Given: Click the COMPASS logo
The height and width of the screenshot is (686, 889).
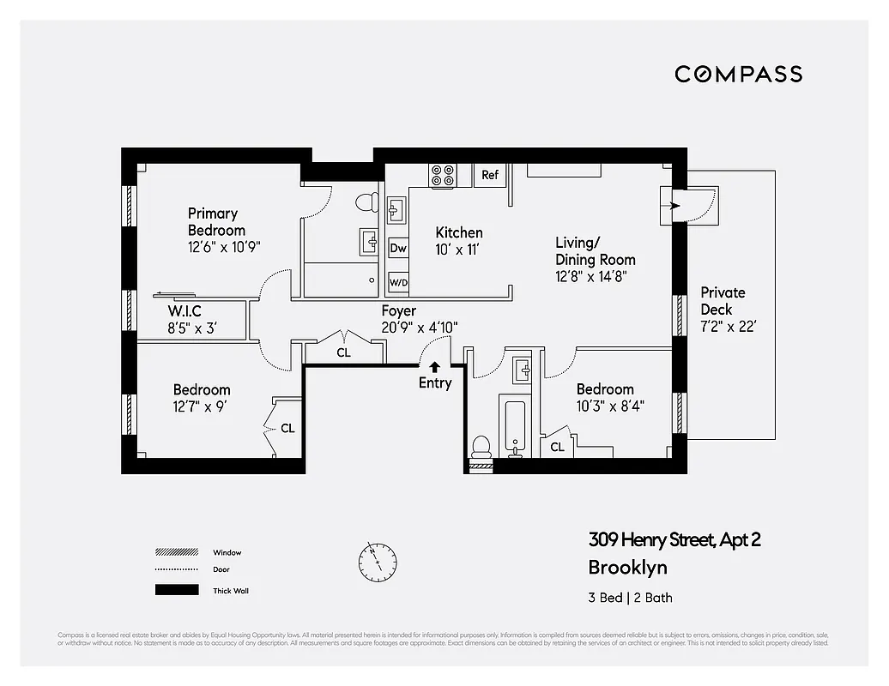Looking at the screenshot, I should point(738,74).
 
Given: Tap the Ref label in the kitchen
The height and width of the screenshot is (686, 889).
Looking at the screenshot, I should point(489,175).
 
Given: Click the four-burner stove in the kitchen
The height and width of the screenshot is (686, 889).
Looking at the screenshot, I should point(443,176).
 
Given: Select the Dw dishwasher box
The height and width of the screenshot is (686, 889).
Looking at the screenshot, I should point(398,248).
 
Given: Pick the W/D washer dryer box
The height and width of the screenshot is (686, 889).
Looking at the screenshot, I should point(398,281).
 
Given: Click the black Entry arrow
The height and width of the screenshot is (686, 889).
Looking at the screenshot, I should point(435,367).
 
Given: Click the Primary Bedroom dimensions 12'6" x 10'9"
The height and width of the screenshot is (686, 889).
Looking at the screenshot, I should point(224,246).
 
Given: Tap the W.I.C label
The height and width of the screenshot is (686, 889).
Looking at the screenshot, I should point(184,311).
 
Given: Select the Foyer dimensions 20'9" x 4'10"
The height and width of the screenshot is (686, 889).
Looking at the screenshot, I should point(420,327).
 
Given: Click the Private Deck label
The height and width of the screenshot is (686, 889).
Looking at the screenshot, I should point(723,300).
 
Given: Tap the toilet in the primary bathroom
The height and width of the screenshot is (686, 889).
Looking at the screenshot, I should point(366,202).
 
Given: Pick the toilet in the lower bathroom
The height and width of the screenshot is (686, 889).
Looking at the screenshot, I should point(481,447).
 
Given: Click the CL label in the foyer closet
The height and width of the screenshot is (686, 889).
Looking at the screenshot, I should point(343,352).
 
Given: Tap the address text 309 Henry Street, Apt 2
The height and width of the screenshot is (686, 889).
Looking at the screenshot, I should point(674,539).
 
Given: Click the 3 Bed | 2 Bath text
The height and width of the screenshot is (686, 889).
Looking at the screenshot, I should point(631,598).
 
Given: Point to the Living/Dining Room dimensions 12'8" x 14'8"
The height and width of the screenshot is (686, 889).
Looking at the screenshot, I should point(596,277).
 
